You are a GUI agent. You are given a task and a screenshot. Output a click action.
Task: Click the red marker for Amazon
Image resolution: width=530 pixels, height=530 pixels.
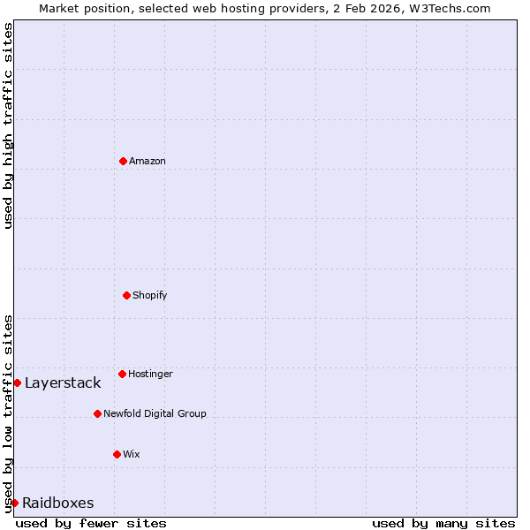(x=123, y=161)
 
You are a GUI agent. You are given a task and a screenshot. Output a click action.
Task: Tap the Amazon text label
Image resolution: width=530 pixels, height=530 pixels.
(x=148, y=161)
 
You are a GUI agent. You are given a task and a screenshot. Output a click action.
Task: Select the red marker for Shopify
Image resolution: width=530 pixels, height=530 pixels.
(x=126, y=295)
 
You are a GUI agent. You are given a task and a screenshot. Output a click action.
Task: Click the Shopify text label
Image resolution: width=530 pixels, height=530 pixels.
(x=150, y=295)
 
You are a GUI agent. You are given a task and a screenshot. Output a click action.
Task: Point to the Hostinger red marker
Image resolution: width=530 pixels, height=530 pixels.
(x=122, y=374)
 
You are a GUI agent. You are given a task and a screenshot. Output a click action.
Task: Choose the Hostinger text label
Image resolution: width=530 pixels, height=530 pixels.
(x=151, y=374)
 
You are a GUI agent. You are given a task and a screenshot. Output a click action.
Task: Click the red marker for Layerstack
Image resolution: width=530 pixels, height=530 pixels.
(x=17, y=382)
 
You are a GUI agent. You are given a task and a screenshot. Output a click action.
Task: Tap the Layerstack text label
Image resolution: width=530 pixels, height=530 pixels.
(x=63, y=382)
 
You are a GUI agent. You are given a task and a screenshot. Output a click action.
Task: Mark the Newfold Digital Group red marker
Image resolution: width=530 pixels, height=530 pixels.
(x=97, y=413)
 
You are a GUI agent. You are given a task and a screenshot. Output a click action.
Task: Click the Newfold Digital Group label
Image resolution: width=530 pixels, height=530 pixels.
(x=155, y=413)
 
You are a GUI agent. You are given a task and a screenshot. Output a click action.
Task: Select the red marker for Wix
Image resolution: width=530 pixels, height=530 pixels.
(x=117, y=454)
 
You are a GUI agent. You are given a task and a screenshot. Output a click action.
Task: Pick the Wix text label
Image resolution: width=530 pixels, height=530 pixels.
(x=132, y=454)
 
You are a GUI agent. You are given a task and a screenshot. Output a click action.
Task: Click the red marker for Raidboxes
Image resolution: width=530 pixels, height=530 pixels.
(x=14, y=503)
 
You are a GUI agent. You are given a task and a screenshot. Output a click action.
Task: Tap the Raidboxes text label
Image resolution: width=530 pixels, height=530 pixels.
(x=58, y=503)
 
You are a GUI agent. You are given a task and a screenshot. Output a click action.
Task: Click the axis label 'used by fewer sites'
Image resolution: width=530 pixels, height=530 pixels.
(x=91, y=523)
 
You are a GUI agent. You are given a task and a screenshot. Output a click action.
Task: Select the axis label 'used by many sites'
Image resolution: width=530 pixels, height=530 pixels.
(x=443, y=523)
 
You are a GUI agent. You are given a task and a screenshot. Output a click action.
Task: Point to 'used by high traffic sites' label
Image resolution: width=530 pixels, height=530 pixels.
(x=8, y=125)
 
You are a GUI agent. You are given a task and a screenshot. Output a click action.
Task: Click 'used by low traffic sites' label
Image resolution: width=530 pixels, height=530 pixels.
(x=8, y=413)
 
